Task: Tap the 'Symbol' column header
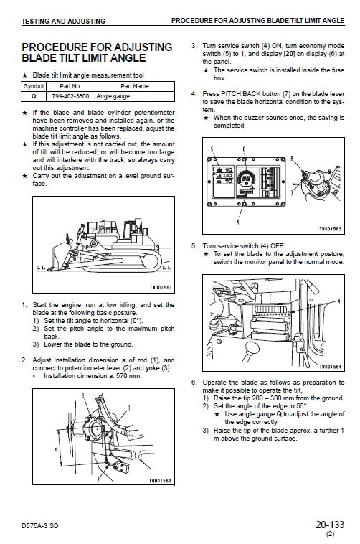33,85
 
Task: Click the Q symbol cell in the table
33,94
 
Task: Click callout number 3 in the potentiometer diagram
83,395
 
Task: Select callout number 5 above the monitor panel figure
212,149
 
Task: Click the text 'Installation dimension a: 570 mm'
91,376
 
